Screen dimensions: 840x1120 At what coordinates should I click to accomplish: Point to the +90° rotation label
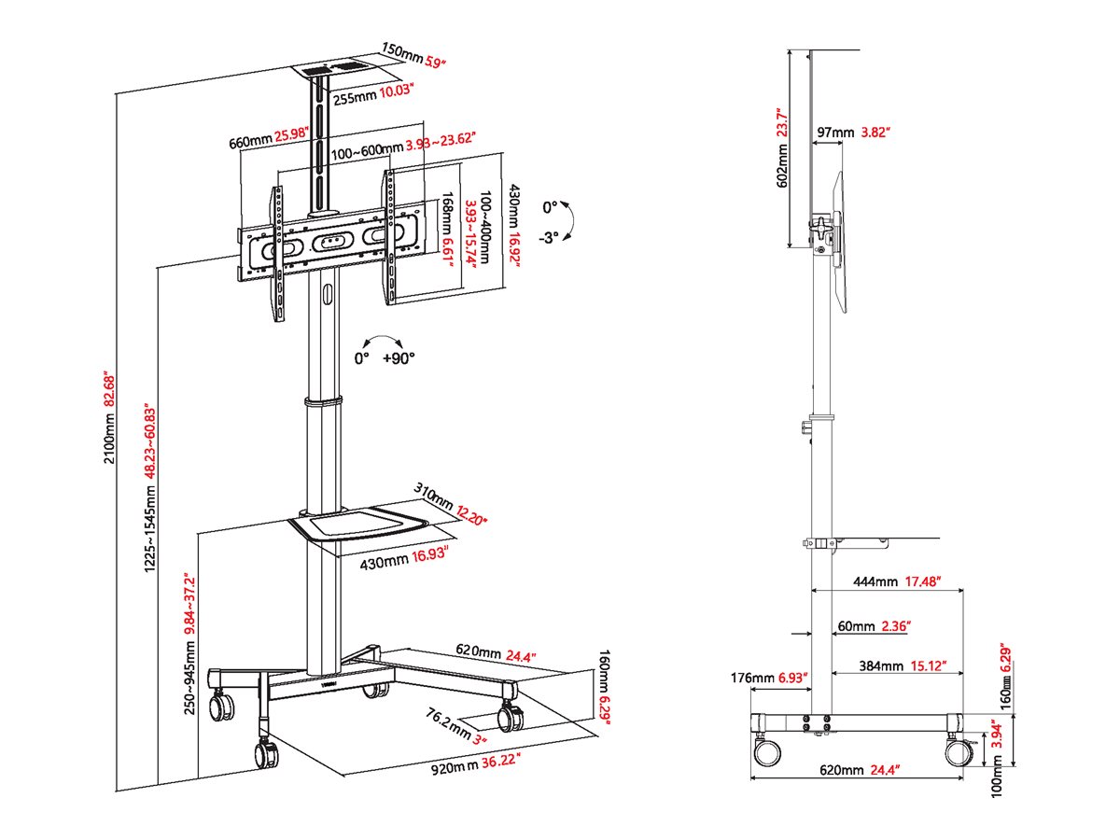click(399, 357)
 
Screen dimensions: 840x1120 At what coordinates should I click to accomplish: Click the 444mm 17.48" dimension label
click(894, 581)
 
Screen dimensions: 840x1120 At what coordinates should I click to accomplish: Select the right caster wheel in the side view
click(957, 749)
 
